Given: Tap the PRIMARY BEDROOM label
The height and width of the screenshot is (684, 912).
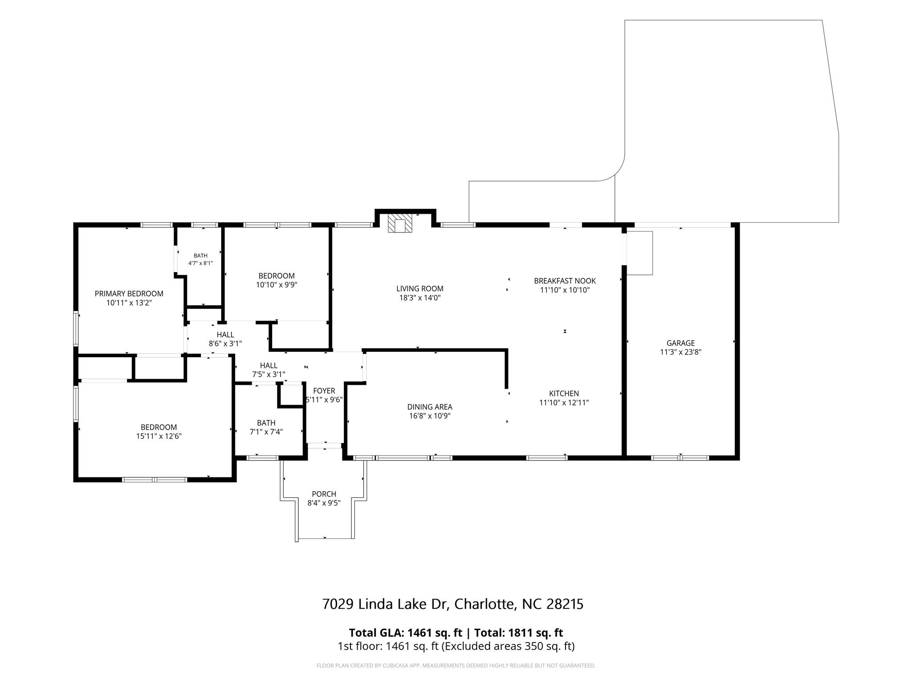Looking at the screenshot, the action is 129,294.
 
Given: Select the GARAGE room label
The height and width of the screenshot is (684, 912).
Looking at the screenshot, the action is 680,343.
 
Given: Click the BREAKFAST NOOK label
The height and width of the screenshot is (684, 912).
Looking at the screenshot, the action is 565,281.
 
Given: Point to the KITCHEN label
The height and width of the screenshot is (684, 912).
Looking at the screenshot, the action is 564,394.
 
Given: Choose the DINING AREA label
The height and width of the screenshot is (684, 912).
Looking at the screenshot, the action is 430,407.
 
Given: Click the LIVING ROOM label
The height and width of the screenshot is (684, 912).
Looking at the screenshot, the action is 420,289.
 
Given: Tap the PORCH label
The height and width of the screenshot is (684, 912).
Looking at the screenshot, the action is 324,494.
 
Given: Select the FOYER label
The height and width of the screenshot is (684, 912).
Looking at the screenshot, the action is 324,391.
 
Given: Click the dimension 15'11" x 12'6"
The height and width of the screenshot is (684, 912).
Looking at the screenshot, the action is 159,436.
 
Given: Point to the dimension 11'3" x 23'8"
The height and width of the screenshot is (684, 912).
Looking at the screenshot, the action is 680,352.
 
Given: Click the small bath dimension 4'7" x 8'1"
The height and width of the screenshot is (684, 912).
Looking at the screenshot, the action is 200,263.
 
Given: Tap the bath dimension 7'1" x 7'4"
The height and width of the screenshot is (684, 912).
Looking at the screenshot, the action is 266,432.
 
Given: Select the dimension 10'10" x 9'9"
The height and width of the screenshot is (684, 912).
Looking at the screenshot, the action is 277,285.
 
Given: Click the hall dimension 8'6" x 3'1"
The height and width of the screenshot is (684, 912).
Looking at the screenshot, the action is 225,344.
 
